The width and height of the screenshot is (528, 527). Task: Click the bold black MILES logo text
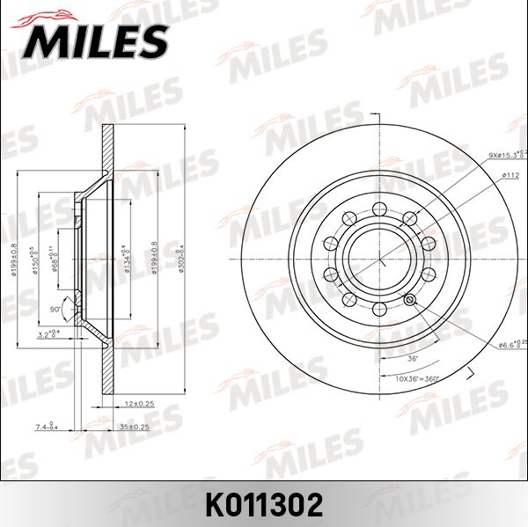point(97,40)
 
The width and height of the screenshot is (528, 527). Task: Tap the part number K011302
point(263,504)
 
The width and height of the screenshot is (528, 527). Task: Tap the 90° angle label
point(55,310)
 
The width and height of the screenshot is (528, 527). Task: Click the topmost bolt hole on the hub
point(379,208)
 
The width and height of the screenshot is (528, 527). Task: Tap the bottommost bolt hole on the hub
point(379,310)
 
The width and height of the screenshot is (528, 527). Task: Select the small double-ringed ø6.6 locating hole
point(409,300)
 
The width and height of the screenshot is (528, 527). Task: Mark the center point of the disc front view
point(379,259)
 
